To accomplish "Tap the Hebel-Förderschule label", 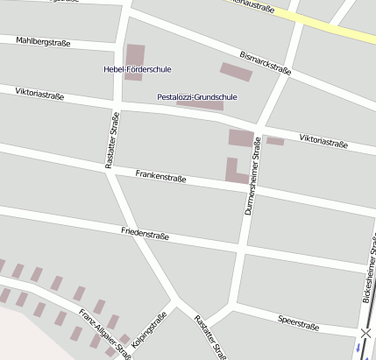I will pos(138,68).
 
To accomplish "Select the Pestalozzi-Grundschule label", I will pos(190,96).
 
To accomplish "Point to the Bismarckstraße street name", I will pos(265,61).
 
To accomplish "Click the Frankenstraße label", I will pos(160,176).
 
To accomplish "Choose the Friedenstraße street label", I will pos(145,234).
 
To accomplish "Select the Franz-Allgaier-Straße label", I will pos(103,332).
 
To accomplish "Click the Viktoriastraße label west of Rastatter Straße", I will pos(39,93).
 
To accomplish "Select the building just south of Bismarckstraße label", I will pos(235,71).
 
